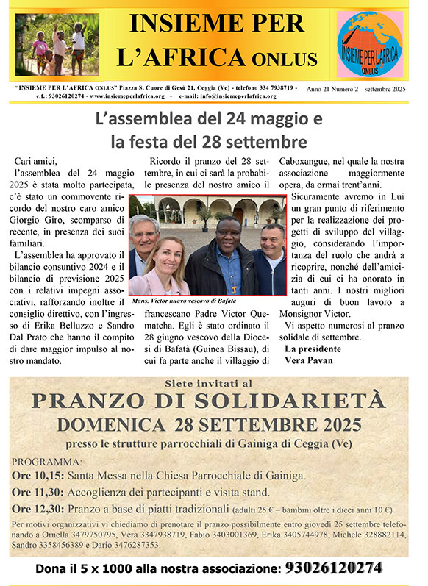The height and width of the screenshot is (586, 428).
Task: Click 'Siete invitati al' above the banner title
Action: click(213, 384)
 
